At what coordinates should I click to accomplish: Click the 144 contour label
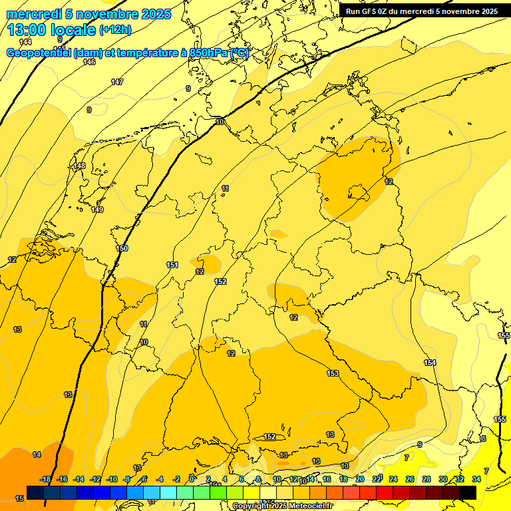tap(25, 42)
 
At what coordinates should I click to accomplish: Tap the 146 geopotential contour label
tap(89, 62)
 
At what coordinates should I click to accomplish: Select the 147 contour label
tap(117, 82)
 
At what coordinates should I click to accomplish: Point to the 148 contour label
tap(79, 166)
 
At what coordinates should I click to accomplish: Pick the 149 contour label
tap(97, 210)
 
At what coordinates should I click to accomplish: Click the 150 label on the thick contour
tap(122, 248)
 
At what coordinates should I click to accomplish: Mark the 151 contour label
tap(172, 265)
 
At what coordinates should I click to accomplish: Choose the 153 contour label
tap(333, 373)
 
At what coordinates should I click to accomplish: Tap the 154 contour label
tap(430, 363)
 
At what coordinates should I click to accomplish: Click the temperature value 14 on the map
tap(37, 454)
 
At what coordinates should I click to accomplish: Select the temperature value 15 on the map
tap(19, 498)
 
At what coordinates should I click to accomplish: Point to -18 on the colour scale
tap(46, 479)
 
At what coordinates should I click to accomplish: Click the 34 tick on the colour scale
tap(476, 479)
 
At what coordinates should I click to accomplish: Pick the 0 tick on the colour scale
tap(192, 479)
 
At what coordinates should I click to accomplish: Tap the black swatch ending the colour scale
tap(468, 492)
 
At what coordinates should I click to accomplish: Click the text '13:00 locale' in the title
tap(52, 30)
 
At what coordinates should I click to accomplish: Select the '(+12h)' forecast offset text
tap(115, 30)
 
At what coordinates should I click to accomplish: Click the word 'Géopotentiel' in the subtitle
tap(39, 53)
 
